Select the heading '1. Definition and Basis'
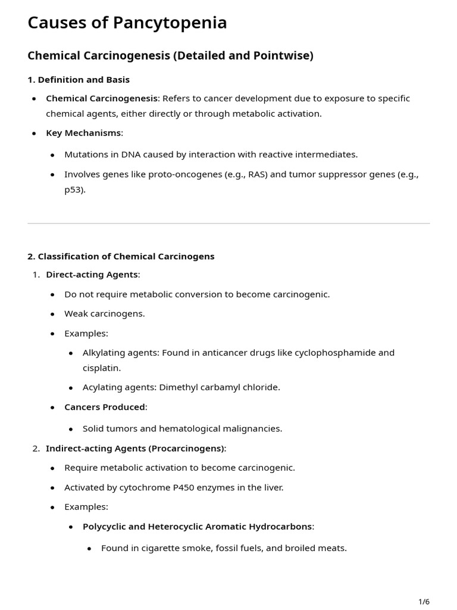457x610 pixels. click(x=79, y=79)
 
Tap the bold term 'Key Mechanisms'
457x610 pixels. click(x=83, y=133)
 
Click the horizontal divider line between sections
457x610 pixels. click(x=228, y=223)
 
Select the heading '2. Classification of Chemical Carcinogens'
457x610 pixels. click(x=121, y=256)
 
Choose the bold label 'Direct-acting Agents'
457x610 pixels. click(x=92, y=275)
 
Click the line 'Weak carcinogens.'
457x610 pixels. click(x=105, y=313)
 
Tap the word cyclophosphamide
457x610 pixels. click(x=328, y=353)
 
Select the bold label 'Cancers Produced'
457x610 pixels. click(x=105, y=407)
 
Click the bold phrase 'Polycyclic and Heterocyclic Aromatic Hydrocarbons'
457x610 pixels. click(x=197, y=527)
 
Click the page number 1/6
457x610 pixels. click(x=424, y=602)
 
